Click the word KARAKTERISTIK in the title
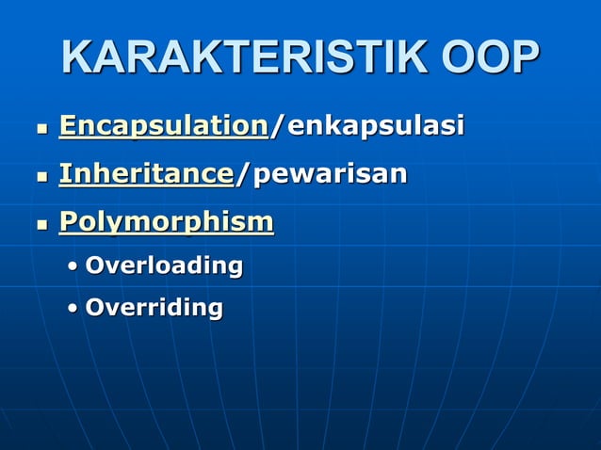pyautogui.click(x=236, y=58)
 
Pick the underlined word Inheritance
pyautogui.click(x=146, y=173)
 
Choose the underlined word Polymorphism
pyautogui.click(x=167, y=222)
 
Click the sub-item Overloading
pyautogui.click(x=164, y=265)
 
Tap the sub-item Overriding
pyautogui.click(x=154, y=307)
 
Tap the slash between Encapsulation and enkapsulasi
pyautogui.click(x=274, y=125)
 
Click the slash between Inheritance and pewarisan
pyautogui.click(x=238, y=173)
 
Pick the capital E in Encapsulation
pyautogui.click(x=67, y=125)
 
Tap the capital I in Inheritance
pyautogui.click(x=64, y=173)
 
